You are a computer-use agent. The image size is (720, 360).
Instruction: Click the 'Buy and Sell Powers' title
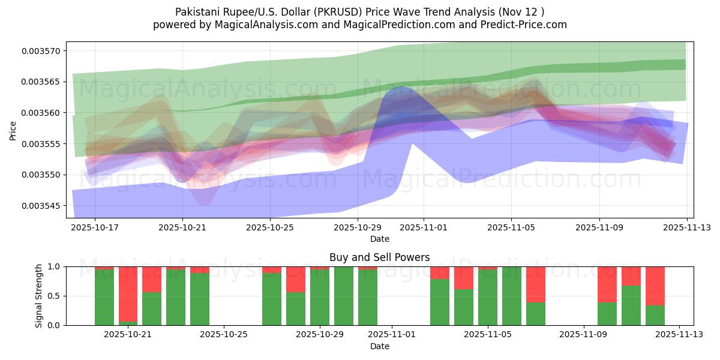(379, 258)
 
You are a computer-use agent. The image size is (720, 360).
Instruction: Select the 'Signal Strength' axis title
(39, 296)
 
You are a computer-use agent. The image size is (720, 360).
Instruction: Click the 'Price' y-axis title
(13, 130)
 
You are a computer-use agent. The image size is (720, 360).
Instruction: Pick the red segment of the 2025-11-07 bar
(535, 284)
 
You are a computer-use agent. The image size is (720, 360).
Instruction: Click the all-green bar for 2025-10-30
(344, 296)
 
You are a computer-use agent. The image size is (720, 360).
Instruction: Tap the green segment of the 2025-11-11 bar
(631, 305)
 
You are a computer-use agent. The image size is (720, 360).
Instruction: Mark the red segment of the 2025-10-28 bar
(296, 279)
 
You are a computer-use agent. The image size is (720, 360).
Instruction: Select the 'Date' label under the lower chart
(379, 346)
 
